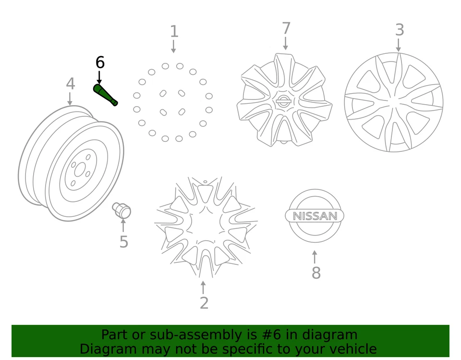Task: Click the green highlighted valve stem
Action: coord(105,95)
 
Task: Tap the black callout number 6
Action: coord(99,62)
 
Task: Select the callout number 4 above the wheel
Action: coord(70,84)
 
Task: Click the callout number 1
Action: coord(174,32)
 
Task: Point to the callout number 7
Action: coord(286,29)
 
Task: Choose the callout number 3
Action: coord(399,30)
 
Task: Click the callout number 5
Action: coord(123,242)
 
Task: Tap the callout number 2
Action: coord(204,303)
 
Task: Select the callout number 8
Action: coord(315,273)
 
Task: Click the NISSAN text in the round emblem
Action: coord(315,216)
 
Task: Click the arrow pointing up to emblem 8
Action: coord(315,257)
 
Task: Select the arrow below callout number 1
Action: coord(173,47)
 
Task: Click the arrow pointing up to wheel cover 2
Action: coord(203,287)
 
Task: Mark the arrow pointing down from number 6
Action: coord(99,77)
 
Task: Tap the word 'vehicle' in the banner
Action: coord(352,349)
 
